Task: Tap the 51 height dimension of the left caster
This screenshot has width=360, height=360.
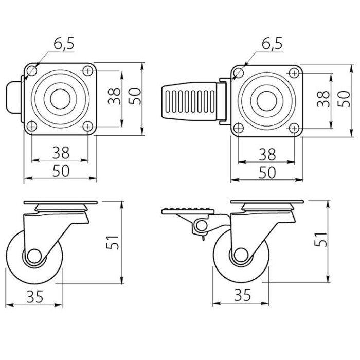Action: point(112,242)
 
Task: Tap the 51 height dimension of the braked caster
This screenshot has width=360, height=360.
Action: point(320,240)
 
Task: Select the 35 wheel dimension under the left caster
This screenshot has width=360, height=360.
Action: point(35,297)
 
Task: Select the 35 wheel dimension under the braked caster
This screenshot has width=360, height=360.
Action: point(243,295)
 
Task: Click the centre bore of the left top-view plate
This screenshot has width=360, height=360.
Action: point(60,99)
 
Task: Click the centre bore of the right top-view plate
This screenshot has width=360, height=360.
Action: point(267,101)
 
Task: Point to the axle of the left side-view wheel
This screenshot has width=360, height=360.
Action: point(34,256)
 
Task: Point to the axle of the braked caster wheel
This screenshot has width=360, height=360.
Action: point(240,255)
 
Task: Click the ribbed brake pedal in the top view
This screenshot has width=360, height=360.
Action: point(189,101)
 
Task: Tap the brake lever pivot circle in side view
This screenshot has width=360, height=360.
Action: point(202,226)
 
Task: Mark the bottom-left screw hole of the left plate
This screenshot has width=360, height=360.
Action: point(32,126)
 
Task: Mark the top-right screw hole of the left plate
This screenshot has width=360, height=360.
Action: point(88,71)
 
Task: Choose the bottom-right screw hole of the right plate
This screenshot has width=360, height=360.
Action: point(294,128)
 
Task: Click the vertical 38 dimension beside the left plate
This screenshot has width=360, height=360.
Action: point(114,96)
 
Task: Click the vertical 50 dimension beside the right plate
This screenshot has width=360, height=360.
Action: point(344,99)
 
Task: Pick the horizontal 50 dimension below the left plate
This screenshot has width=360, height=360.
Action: point(61,171)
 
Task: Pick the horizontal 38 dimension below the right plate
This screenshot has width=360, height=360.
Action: point(267,154)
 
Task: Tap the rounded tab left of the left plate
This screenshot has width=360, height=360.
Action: point(13,97)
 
